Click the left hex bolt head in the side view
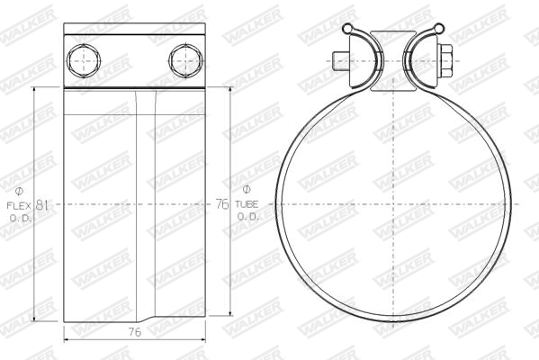(x=84, y=61)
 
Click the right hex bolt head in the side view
(x=185, y=61)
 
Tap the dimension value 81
(x=41, y=205)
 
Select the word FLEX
(x=19, y=206)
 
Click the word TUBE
(x=247, y=204)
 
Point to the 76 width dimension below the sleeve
(x=135, y=332)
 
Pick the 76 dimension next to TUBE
(x=222, y=204)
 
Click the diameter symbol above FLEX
(x=19, y=191)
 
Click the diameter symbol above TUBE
(x=247, y=189)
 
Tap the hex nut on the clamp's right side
(x=445, y=61)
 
